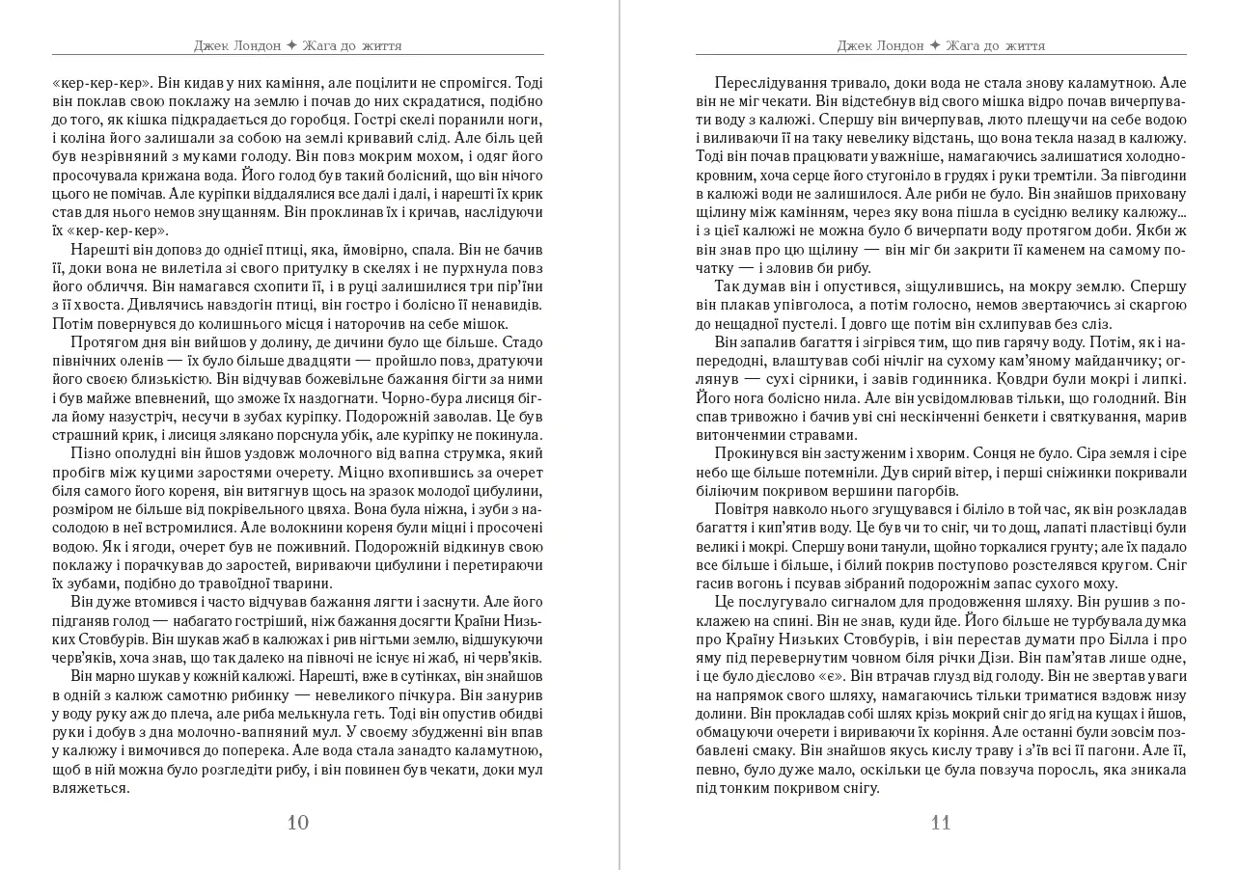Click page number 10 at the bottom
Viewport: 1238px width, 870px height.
(x=298, y=823)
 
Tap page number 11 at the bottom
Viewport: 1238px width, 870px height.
(x=941, y=823)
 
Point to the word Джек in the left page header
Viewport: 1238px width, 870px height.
(x=211, y=45)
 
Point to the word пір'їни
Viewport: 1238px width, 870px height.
(x=515, y=286)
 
